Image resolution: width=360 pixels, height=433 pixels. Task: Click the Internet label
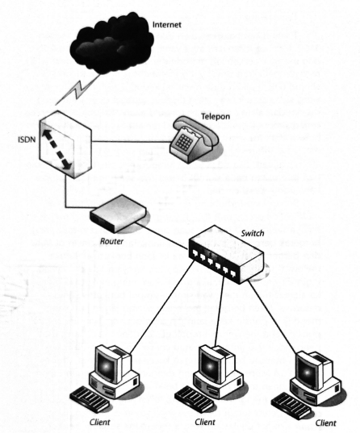[x=167, y=24]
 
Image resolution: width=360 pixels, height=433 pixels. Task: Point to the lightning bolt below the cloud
[x=77, y=90]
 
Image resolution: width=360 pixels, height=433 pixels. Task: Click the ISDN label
[x=27, y=139]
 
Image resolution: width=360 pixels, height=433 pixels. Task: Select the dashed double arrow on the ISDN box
[x=57, y=149]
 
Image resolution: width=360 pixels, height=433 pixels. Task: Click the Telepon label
[x=216, y=117]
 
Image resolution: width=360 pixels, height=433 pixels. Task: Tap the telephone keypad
[x=184, y=143]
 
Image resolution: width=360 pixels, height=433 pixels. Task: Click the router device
[x=119, y=213]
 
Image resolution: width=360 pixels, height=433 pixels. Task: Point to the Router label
[x=111, y=241]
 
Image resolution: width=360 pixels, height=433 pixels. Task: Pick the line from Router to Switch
[x=162, y=236]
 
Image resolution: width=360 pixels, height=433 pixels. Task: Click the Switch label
[x=253, y=233]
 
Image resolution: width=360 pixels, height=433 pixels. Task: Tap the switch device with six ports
[x=226, y=254]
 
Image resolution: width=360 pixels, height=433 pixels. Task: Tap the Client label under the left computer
[x=99, y=423]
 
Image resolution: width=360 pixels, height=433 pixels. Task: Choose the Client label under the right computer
[x=326, y=423]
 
